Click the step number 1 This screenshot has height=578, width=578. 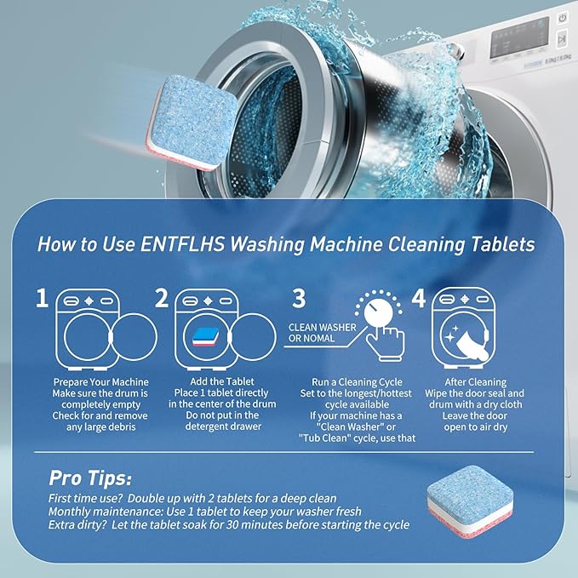tap(42, 298)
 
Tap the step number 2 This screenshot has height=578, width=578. tap(162, 298)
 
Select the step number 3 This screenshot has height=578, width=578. tap(298, 298)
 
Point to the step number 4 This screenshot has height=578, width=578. tap(418, 299)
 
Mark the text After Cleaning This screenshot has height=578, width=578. tap(476, 382)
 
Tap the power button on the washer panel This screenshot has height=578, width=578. tap(563, 18)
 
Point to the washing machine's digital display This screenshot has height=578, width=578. tap(519, 38)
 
